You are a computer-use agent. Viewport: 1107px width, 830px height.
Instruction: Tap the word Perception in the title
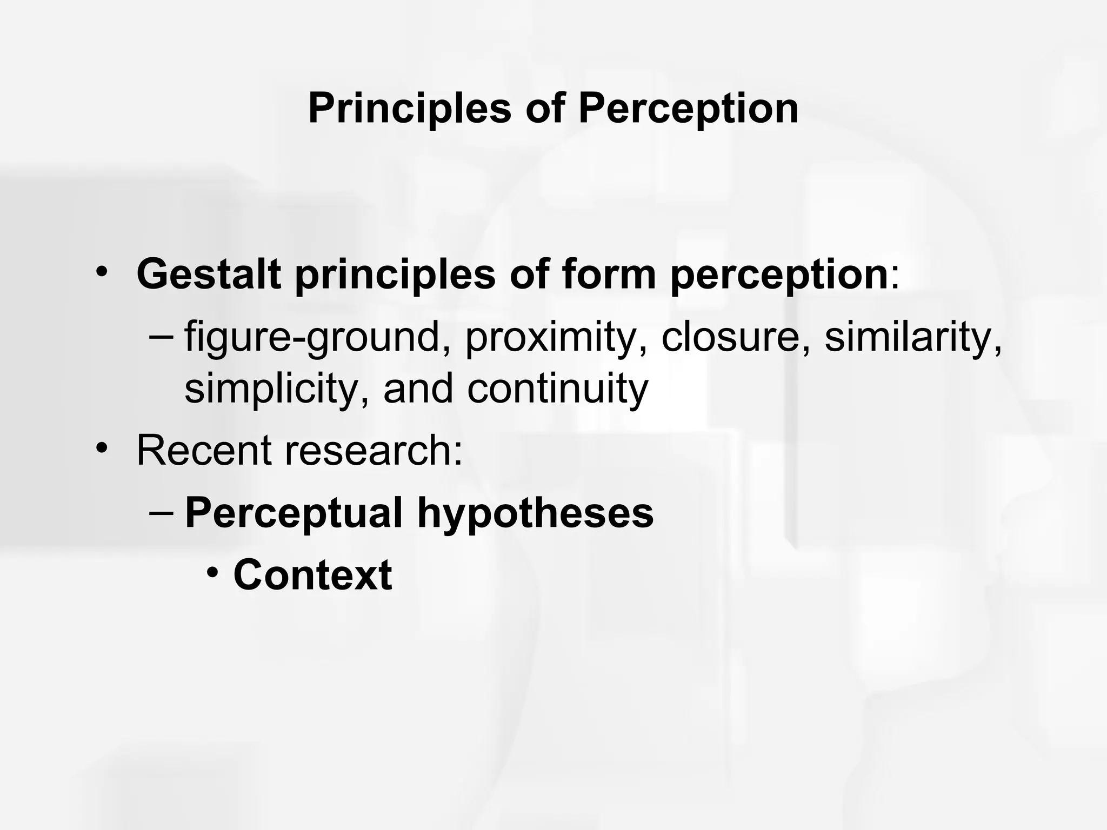pyautogui.click(x=688, y=109)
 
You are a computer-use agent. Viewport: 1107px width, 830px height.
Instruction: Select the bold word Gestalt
pyautogui.click(x=209, y=275)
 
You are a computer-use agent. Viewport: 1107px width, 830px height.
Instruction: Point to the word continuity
pyautogui.click(x=557, y=389)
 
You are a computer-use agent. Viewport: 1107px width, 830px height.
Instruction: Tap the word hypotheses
pyautogui.click(x=535, y=513)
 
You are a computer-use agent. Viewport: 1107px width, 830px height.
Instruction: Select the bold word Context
pyautogui.click(x=312, y=574)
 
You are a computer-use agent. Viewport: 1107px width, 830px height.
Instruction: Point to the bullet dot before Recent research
pyautogui.click(x=101, y=448)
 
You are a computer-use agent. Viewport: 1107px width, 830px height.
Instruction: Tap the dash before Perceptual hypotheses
pyautogui.click(x=161, y=511)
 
